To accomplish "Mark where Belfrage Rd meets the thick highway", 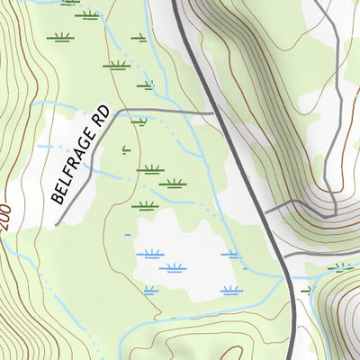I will click(x=213, y=112).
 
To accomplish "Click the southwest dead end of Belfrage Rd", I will click(x=57, y=223).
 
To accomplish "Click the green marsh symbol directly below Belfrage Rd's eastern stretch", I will click(x=139, y=121).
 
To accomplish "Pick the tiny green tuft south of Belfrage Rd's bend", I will click(x=126, y=149).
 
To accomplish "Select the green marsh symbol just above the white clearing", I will click(x=144, y=205).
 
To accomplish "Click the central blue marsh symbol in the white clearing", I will click(x=175, y=267).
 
